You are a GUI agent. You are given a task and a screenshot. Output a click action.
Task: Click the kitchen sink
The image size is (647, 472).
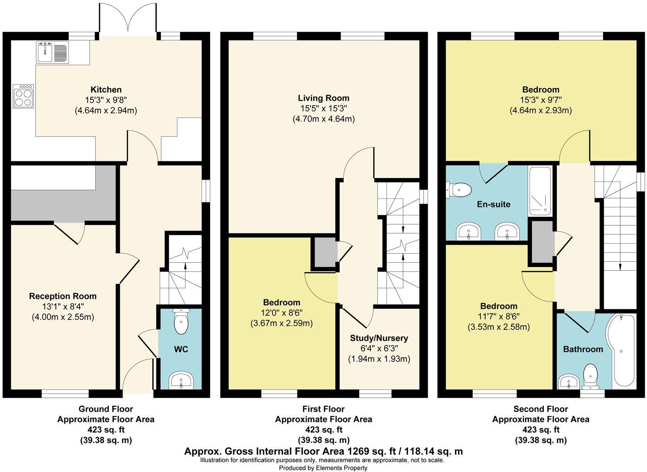coord(51,52)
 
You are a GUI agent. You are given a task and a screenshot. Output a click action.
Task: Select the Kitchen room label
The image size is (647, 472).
coord(106,90)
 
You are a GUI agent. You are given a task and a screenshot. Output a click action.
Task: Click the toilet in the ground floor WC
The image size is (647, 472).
coord(181,323)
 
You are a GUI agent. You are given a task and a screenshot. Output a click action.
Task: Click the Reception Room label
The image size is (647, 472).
coord(63,296)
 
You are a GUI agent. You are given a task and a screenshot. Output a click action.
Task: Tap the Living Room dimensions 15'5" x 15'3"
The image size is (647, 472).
coord(323,109)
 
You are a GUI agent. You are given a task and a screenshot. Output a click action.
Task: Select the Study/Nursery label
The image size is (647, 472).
coord(379,338)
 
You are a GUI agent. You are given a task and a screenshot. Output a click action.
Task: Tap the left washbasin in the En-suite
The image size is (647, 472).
coord(468,232)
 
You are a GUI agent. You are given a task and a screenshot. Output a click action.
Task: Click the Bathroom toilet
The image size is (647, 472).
coord(591,377)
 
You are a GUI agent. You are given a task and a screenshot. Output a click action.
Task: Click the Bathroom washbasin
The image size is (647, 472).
coord(569,382)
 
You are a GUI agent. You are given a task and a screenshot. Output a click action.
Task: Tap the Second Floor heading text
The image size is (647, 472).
coord(541,409)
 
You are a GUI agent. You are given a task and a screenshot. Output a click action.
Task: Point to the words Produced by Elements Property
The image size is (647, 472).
coord(323,468)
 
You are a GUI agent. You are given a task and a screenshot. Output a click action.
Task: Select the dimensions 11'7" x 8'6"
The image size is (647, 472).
coord(499,316)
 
